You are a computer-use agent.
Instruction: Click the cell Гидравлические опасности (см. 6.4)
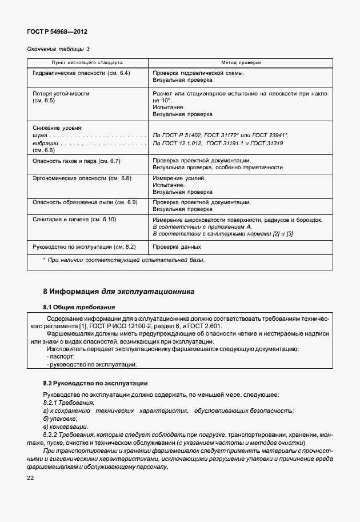(x=82, y=74)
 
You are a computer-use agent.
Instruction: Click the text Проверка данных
(x=177, y=247)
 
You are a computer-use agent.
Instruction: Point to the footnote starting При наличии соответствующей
(x=124, y=260)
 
